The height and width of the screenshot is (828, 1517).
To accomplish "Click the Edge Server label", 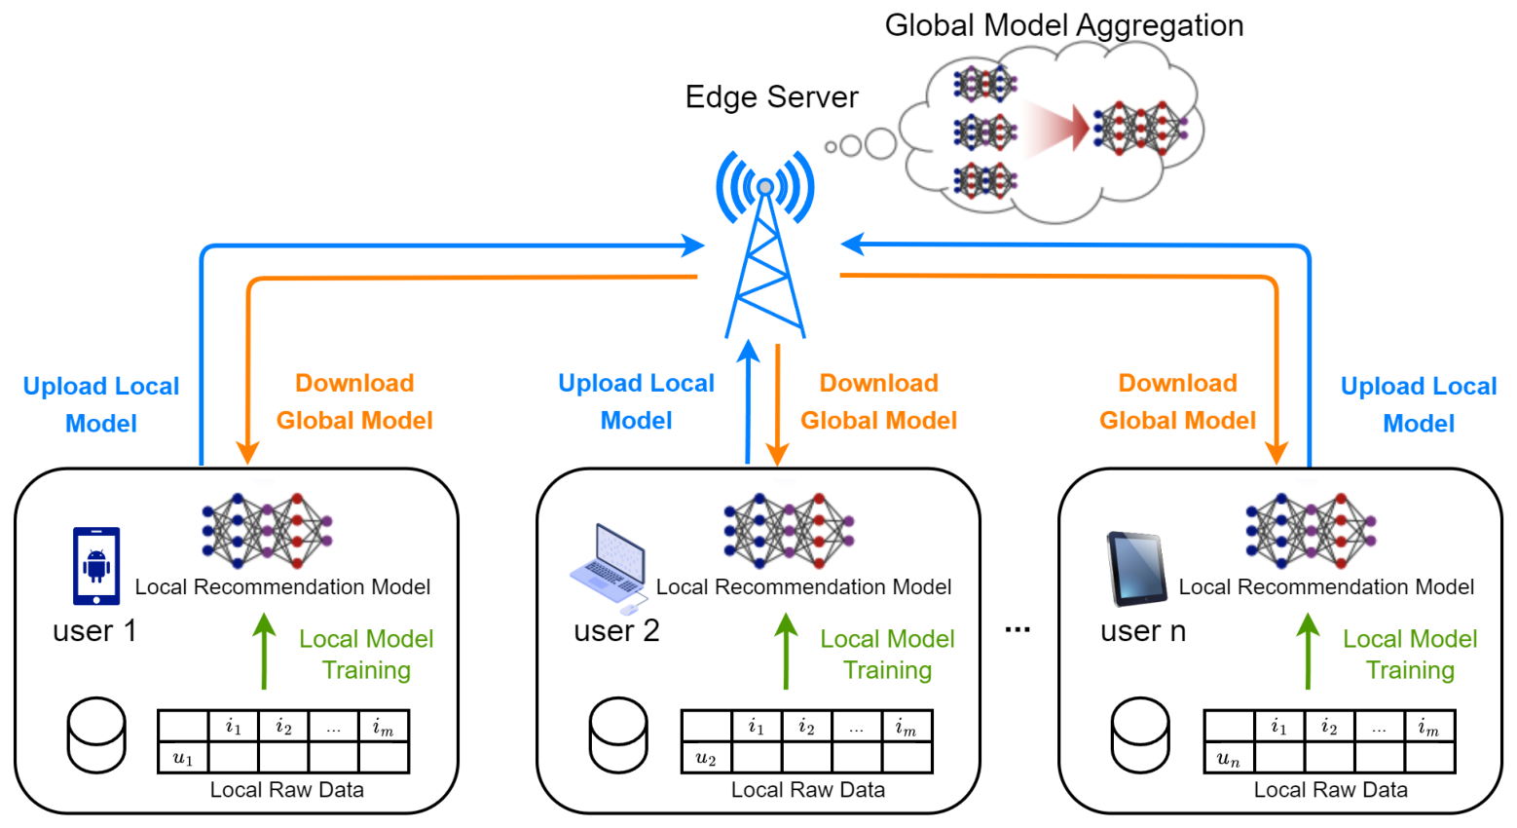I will [x=771, y=97].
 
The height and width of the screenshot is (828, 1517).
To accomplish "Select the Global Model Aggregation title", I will [x=1063, y=25].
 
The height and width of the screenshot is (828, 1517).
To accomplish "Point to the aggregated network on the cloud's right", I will [x=1139, y=128].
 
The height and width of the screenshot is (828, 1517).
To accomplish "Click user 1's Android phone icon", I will [x=96, y=566].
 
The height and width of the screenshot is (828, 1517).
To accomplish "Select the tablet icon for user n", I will [x=1136, y=568].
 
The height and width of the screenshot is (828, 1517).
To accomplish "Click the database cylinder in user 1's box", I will [x=96, y=734].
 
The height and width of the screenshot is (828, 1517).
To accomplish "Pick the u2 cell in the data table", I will [x=706, y=758].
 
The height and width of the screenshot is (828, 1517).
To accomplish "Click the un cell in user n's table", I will [x=1229, y=758].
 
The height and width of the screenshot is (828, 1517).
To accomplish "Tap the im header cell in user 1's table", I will [x=384, y=727].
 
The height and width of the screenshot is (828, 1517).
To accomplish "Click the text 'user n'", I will [x=1143, y=631].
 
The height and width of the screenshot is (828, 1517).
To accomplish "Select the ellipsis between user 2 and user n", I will [x=1017, y=629].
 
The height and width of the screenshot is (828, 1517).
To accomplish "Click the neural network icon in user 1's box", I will [x=267, y=530].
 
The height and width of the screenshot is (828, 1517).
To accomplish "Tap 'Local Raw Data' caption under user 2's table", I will [x=808, y=790].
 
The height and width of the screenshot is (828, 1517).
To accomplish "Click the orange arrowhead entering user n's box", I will [x=1276, y=452].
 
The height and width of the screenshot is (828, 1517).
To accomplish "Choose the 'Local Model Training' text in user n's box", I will [x=1410, y=654].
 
